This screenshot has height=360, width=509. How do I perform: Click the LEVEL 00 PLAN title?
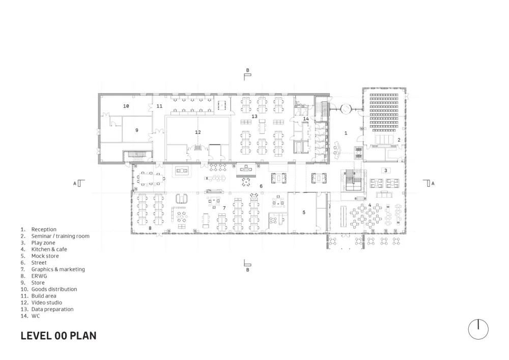pyautogui.click(x=59, y=336)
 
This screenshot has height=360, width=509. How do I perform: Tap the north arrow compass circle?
pyautogui.click(x=478, y=329)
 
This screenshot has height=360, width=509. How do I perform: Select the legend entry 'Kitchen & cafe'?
pyautogui.click(x=49, y=250)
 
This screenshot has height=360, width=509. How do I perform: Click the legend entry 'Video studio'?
pyautogui.click(x=46, y=302)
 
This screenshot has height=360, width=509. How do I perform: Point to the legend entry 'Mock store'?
pyautogui.click(x=45, y=256)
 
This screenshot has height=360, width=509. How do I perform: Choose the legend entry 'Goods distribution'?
pyautogui.click(x=54, y=289)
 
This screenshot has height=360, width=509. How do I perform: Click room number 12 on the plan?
pyautogui.click(x=198, y=132)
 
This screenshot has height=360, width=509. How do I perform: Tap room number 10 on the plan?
pyautogui.click(x=126, y=106)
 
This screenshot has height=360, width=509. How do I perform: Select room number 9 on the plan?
pyautogui.click(x=137, y=130)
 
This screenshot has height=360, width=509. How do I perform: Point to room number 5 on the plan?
pyautogui.click(x=304, y=212)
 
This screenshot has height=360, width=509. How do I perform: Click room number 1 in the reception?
pyautogui.click(x=346, y=133)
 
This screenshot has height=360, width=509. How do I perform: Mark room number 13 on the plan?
pyautogui.click(x=254, y=117)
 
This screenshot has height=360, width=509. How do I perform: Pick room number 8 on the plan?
pyautogui.click(x=150, y=229)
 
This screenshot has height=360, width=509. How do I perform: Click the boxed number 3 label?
pyautogui.click(x=386, y=171)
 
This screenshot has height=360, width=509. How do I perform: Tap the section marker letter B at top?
pyautogui.click(x=247, y=70)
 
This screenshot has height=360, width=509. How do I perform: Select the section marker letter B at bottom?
pyautogui.click(x=247, y=270)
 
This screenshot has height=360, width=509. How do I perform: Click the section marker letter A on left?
pyautogui.click(x=75, y=183)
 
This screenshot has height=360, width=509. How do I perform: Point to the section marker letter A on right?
pyautogui.click(x=433, y=183)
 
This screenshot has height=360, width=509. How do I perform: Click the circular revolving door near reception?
pyautogui.click(x=347, y=108)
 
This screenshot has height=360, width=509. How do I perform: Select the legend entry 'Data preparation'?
pyautogui.click(x=52, y=309)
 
